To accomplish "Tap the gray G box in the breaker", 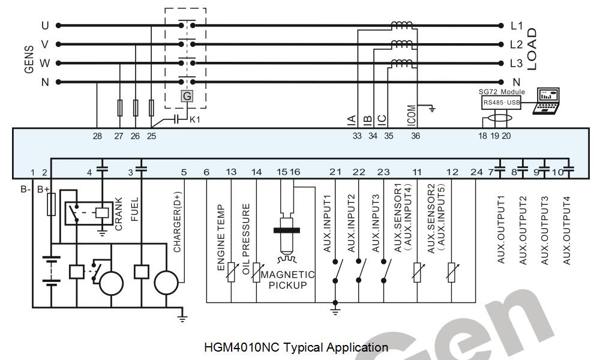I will (187, 96).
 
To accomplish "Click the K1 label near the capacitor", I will (194, 119).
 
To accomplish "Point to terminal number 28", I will (97, 136).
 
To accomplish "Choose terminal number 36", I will (415, 136).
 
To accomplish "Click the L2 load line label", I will (517, 44).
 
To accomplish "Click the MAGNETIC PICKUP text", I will (287, 280).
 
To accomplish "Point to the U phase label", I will (44, 26).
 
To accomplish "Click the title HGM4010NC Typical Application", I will (296, 347).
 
